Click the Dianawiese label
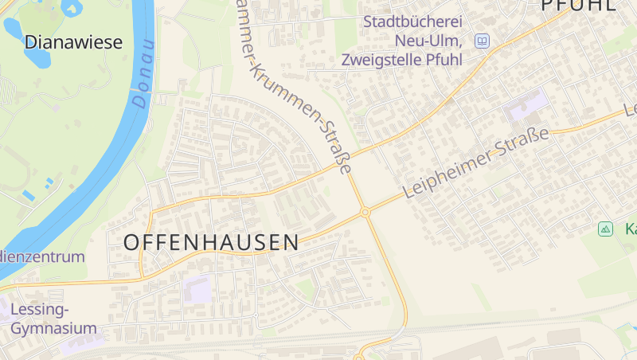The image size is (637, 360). coord(73,42)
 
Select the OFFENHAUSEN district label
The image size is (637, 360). coord(211,242)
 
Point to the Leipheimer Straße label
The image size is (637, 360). coord(476,162)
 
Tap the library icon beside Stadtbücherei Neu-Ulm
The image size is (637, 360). coord(482,41)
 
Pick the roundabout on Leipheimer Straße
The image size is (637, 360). coord(365,213)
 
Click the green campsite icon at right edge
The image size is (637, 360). coord(606,229)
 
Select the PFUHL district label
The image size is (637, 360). coord(578,5)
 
